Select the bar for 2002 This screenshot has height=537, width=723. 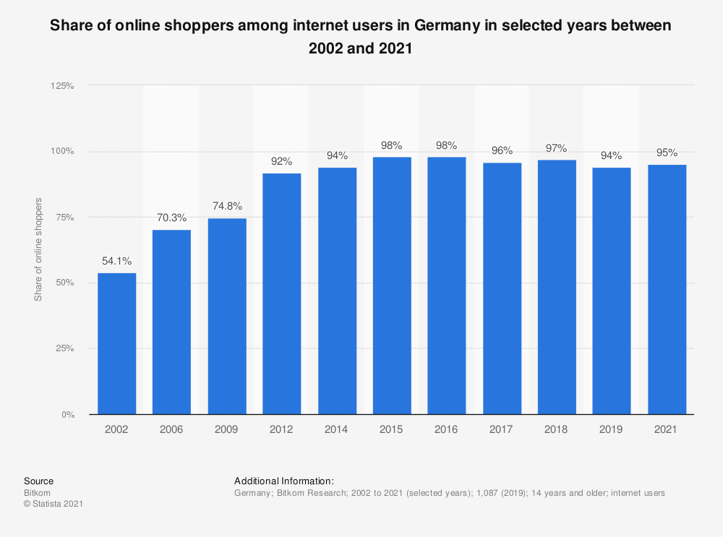116,343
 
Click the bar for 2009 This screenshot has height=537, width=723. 227,316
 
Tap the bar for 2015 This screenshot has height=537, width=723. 392,285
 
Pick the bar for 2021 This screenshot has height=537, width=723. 667,289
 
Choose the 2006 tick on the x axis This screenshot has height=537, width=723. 171,429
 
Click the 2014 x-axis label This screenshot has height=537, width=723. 337,429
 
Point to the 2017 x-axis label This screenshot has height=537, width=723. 502,429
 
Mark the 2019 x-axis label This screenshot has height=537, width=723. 612,429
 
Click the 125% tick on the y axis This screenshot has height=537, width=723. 62,85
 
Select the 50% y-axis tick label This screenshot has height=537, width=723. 64,283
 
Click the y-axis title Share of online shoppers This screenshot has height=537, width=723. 38,249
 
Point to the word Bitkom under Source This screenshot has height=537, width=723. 36,492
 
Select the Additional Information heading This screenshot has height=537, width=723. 284,481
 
